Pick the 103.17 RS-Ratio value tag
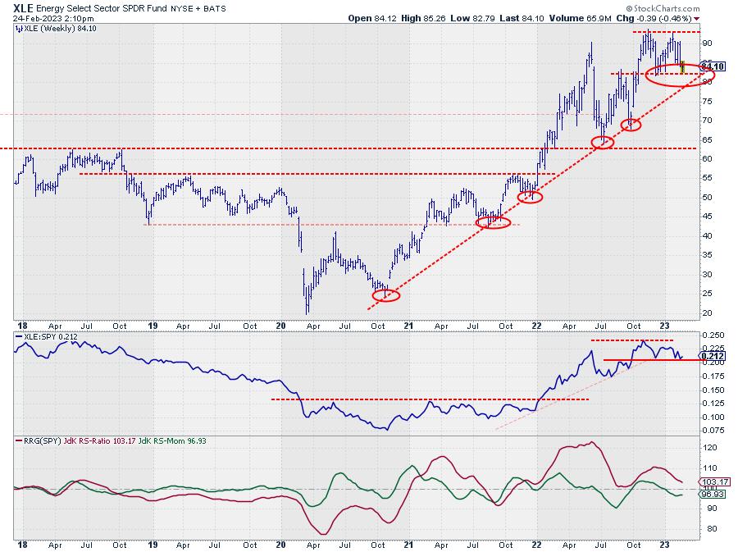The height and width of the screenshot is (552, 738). point(710,481)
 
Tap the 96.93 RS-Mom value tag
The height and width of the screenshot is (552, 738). point(709,494)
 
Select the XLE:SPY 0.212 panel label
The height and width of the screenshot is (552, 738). point(48,337)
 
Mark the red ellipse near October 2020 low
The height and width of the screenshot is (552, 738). point(386,295)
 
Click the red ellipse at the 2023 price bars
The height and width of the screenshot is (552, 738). point(680,75)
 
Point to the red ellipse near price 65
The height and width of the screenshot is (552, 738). point(604,142)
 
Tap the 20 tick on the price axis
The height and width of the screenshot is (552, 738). point(705,313)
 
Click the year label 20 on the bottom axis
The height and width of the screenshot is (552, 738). point(281,544)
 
